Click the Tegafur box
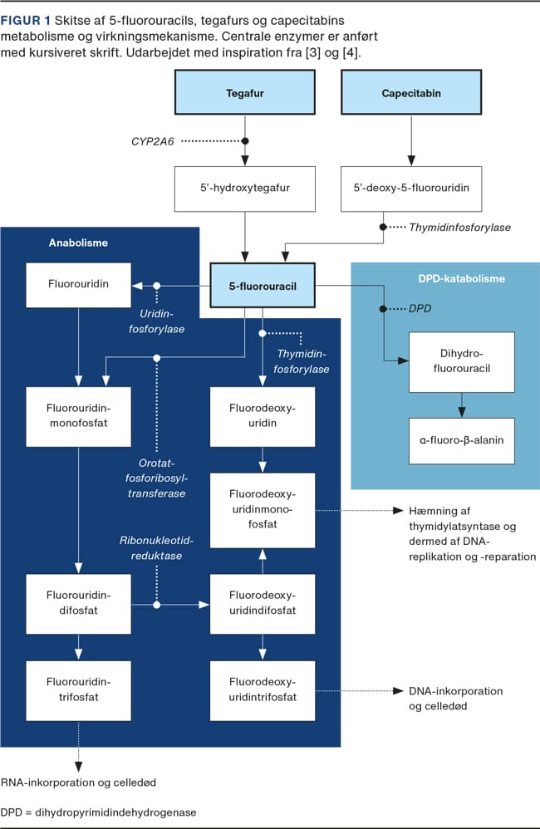(245, 92)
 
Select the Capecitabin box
(411, 92)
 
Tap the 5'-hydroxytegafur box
(245, 189)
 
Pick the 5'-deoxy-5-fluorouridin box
(411, 189)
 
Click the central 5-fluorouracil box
(263, 286)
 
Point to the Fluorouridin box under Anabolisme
(78, 285)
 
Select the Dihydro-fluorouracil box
(462, 362)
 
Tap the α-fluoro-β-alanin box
(462, 441)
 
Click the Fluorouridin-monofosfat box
(78, 417)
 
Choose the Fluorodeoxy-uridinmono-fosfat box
(263, 510)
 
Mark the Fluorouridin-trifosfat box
(78, 690)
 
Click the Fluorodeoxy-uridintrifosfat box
(263, 690)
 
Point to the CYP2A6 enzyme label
(152, 141)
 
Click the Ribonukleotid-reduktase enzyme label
(156, 548)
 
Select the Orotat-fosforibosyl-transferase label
(156, 478)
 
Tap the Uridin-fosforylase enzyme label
(156, 321)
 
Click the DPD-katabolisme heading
(461, 278)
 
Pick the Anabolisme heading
(78, 243)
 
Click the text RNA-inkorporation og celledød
(78, 782)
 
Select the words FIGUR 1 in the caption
(26, 21)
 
